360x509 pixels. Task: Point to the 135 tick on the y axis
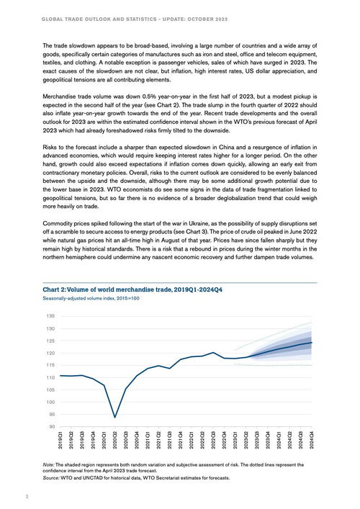coord(50,316)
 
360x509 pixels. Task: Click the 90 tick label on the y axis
coord(50,426)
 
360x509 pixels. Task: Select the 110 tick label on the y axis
coord(50,377)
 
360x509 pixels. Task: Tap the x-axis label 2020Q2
coord(115,440)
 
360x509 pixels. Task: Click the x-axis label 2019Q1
coord(60,440)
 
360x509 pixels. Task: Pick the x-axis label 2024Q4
coord(312,440)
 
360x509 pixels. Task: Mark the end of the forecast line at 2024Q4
coord(312,343)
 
